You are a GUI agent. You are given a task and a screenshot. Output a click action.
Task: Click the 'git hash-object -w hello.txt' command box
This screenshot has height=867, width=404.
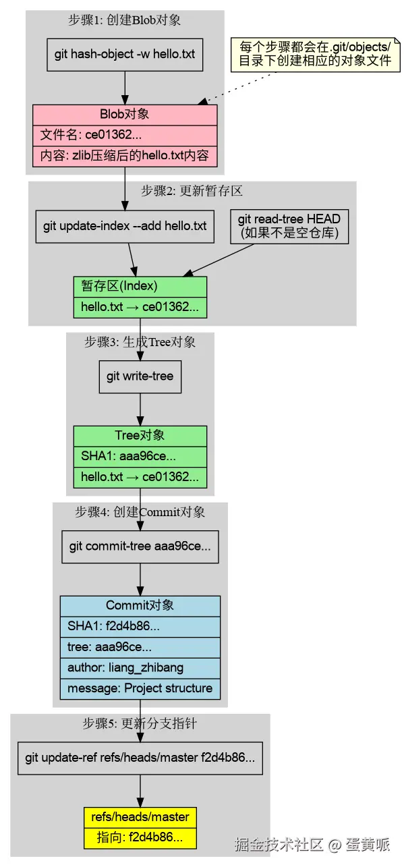click(125, 54)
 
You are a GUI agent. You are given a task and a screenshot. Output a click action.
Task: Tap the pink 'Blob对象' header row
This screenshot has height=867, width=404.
click(125, 115)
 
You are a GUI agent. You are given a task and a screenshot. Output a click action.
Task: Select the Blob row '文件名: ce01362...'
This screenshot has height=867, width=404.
click(125, 135)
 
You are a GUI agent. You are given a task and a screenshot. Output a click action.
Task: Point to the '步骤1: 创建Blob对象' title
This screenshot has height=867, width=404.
click(125, 20)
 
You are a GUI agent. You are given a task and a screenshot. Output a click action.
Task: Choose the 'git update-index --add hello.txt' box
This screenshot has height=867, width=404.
click(125, 226)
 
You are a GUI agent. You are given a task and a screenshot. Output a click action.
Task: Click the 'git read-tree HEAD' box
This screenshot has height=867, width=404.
click(289, 227)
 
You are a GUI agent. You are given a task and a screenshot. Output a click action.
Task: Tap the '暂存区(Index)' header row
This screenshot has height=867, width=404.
click(140, 286)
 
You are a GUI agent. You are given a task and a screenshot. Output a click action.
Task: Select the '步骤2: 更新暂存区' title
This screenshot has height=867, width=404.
click(192, 191)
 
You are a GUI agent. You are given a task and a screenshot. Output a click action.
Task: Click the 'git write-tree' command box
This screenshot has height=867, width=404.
click(140, 376)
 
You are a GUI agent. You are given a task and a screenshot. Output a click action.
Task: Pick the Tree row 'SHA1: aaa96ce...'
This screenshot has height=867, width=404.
click(140, 456)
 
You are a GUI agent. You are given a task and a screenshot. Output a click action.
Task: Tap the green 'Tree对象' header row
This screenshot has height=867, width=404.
click(140, 436)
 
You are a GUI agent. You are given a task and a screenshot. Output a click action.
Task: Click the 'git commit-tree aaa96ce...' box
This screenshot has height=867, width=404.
click(140, 546)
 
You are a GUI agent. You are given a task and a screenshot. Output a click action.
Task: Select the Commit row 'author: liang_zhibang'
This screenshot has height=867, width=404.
click(140, 668)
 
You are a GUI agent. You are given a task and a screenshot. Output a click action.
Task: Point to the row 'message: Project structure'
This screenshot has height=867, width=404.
click(140, 689)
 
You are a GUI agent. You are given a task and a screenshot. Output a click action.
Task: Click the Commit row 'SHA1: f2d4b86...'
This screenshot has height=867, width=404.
click(140, 626)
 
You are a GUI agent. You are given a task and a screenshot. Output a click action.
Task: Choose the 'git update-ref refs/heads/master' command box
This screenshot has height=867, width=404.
click(140, 758)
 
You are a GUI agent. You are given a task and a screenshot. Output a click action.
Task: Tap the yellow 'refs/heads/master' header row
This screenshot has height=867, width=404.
click(140, 817)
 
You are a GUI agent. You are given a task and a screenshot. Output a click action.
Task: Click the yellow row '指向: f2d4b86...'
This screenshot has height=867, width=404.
click(140, 838)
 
